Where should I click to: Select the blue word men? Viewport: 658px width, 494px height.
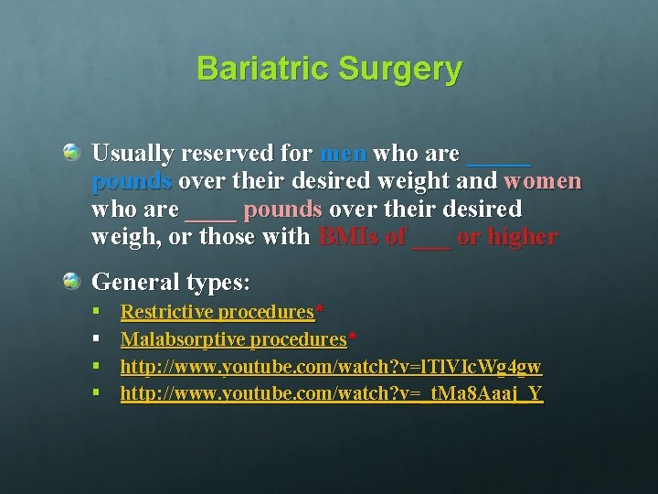pyautogui.click(x=344, y=153)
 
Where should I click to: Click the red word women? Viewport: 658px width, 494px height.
pyautogui.click(x=542, y=180)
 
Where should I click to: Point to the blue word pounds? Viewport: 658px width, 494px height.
pyautogui.click(x=132, y=180)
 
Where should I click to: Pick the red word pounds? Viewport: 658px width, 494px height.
pyautogui.click(x=282, y=209)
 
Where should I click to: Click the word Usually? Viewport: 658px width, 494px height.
pyautogui.click(x=130, y=153)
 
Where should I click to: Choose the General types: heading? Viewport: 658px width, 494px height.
pyautogui.click(x=171, y=282)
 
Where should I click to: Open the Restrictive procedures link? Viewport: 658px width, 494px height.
pyautogui.click(x=218, y=312)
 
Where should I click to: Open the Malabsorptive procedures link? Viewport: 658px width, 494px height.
pyautogui.click(x=233, y=339)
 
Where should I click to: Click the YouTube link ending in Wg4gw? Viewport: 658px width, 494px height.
pyautogui.click(x=331, y=367)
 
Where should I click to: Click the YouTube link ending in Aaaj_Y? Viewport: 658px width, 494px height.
pyautogui.click(x=331, y=394)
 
